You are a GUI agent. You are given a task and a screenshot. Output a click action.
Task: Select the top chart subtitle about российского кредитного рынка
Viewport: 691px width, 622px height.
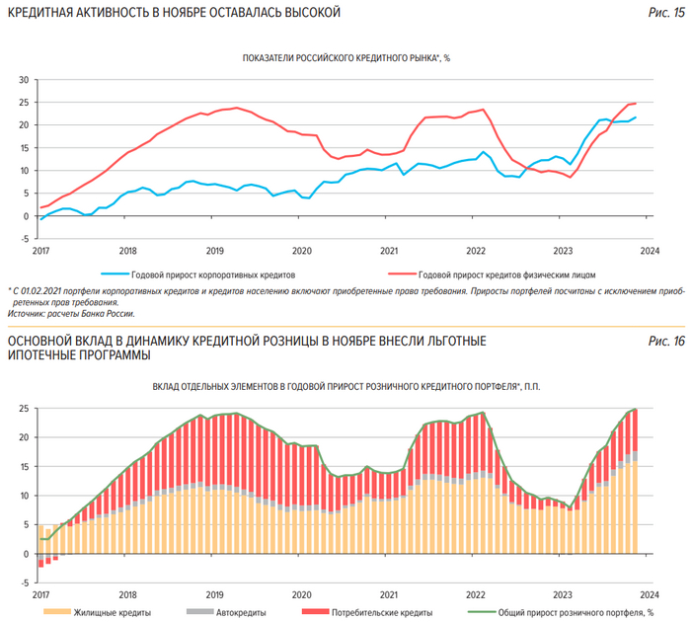click(345, 58)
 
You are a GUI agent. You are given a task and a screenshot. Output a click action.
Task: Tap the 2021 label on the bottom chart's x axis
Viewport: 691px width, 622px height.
click(389, 595)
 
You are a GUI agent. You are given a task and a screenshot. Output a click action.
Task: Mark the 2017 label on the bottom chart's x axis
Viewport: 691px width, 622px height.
click(39, 595)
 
